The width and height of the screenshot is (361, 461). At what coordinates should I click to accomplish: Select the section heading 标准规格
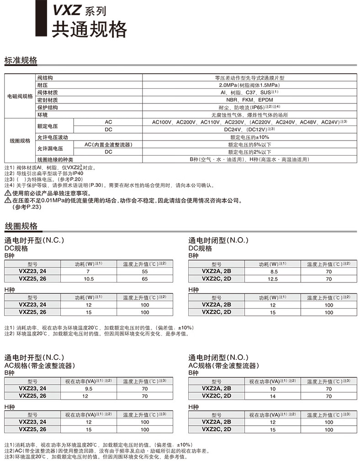tap(21, 60)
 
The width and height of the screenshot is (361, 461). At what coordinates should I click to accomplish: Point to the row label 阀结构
tap(45, 78)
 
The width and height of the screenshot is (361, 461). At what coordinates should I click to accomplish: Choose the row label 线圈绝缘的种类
tap(55, 159)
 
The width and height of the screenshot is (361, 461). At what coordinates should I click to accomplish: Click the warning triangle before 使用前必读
tap(8, 193)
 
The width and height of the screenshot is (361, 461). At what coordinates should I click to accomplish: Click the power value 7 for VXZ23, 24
tap(88, 271)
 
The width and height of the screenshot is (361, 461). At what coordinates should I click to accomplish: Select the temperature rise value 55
tap(144, 271)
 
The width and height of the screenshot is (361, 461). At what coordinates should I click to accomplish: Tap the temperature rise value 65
tap(144, 279)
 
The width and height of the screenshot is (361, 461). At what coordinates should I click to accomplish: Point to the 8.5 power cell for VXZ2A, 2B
tap(273, 271)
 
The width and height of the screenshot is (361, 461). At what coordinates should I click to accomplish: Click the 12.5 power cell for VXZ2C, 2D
tap(273, 279)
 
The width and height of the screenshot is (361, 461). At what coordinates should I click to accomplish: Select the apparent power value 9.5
tap(88, 389)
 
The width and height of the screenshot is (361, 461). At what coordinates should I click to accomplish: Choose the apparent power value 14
tap(273, 396)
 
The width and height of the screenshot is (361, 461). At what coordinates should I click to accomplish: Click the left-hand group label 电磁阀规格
tap(20, 96)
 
